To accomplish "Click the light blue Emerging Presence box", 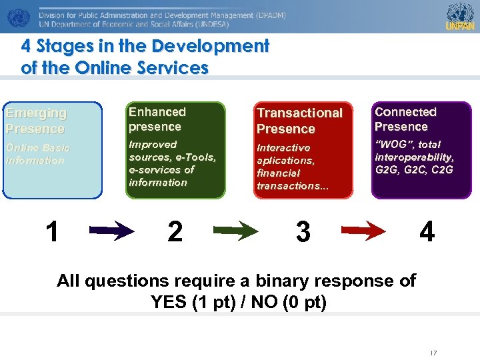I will pos(52,150).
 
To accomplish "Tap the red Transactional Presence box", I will pos(304,150).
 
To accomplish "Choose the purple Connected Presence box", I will pos(421,149).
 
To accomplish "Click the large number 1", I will pos(52,231).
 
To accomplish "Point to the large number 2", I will pos(175,231).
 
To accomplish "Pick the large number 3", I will pos(303,231).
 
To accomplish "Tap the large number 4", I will pos(427,231).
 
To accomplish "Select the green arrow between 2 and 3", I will pos(236,231).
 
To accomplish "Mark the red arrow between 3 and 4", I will pos(363,231).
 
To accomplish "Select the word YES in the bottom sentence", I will pos(169,302).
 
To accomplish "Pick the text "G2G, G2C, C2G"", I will pos(414,169).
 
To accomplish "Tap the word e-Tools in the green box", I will pos(195,157).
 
